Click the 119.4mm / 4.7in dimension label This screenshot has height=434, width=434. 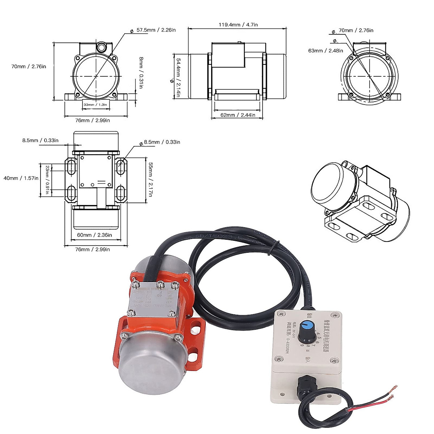point(238,25)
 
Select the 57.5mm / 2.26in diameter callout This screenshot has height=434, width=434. point(156,30)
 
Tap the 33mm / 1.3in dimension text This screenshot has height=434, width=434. point(95,105)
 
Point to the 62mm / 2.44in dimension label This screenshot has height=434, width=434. point(238,115)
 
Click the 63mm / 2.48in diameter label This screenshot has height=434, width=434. point(325,51)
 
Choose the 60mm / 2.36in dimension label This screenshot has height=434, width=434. point(94,235)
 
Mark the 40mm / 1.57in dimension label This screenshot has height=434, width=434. point(21,178)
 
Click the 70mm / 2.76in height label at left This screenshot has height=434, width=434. point(29,66)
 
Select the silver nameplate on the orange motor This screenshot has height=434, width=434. point(154,301)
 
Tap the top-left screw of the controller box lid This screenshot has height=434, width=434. point(281,315)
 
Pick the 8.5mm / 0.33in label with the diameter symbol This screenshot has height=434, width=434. point(162,142)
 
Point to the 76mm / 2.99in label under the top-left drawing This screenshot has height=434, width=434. point(93,120)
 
